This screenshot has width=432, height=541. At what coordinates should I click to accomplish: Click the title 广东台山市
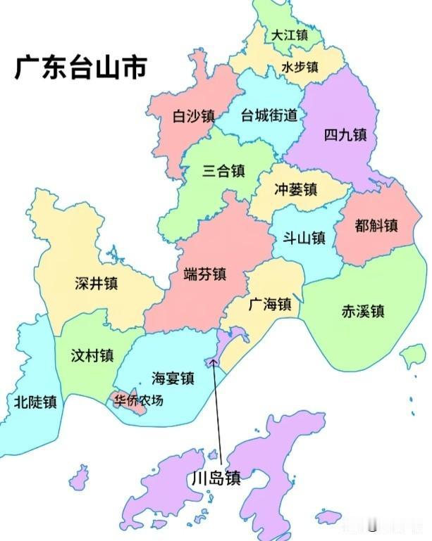[x=81, y=69]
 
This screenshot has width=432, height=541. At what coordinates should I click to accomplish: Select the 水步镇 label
[x=300, y=68]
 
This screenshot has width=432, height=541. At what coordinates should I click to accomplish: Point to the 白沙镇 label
[x=193, y=116]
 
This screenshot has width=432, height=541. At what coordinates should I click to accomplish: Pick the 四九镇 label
[x=345, y=134]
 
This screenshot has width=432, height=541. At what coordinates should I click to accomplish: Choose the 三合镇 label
[x=223, y=170]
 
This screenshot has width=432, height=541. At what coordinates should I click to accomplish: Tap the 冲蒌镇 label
[x=295, y=189]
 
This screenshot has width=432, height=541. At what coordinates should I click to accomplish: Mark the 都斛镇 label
[x=376, y=226]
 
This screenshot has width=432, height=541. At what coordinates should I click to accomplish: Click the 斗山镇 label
[x=304, y=238]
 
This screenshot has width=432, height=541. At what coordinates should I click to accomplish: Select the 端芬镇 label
[x=204, y=274]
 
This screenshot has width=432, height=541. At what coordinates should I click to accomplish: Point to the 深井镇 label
[x=97, y=283]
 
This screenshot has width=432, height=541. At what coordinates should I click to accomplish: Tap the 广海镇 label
[x=270, y=305]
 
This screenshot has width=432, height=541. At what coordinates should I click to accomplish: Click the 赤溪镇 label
[x=363, y=311]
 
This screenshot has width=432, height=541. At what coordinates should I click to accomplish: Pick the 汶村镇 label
[x=92, y=355]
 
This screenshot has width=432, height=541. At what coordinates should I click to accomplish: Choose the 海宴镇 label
[x=173, y=378]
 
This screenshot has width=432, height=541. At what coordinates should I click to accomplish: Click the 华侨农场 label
[x=138, y=401]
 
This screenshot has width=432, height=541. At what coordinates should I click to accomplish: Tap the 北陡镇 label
[x=35, y=402]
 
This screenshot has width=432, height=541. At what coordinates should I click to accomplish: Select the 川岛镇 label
[x=216, y=478]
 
